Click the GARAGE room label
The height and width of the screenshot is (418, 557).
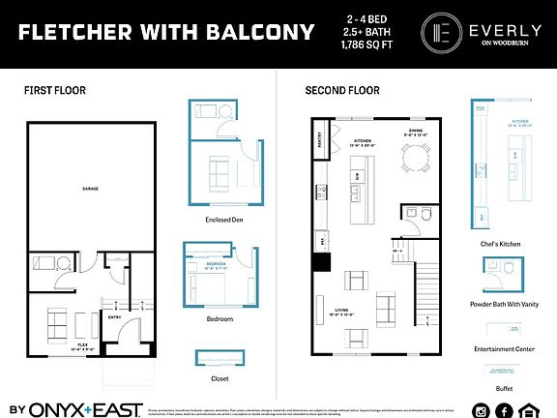[x=90, y=189]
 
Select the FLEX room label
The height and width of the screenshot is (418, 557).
[x=61, y=343]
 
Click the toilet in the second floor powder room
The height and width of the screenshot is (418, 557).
[x=412, y=214]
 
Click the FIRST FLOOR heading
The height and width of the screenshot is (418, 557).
[x=54, y=90]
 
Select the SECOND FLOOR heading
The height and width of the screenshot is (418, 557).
[x=342, y=90]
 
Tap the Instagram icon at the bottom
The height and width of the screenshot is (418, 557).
[x=480, y=410]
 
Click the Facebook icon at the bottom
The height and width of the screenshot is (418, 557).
[x=504, y=410]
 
